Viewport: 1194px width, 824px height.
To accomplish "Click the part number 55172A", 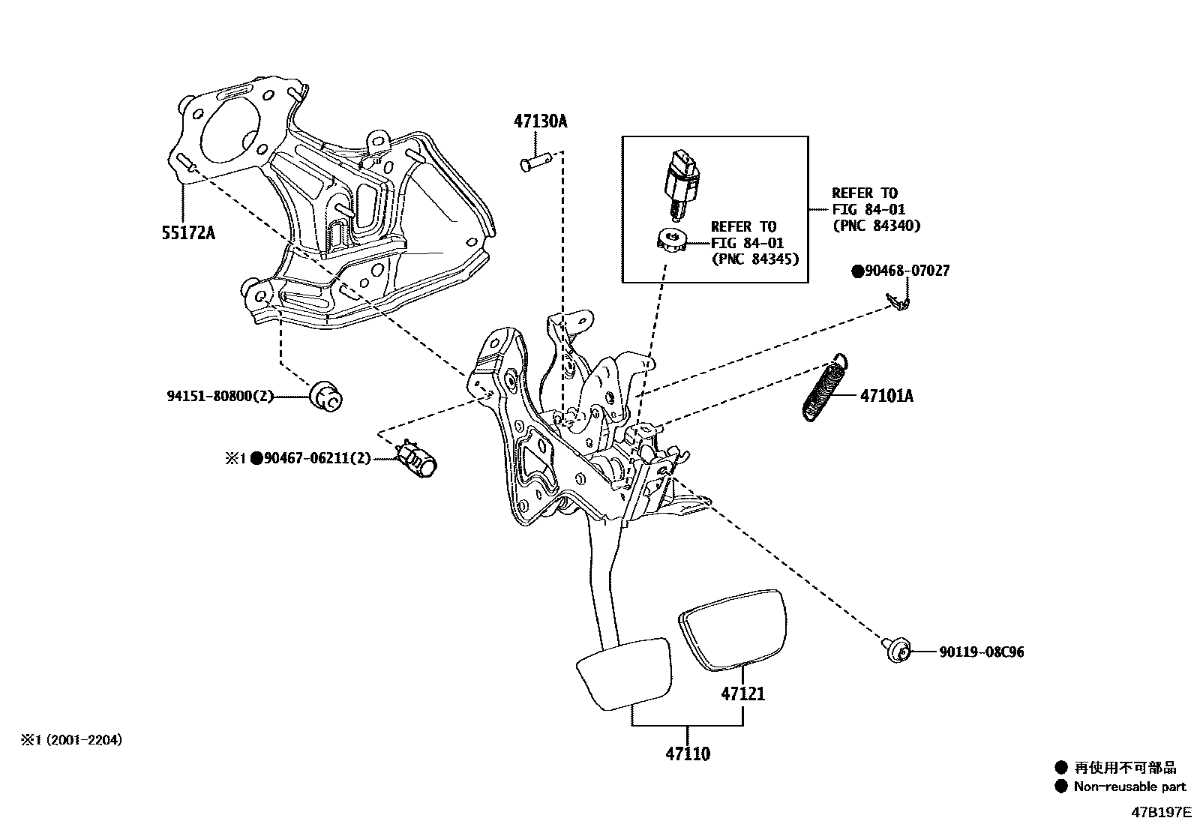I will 187,232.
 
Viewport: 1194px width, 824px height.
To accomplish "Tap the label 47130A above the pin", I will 540,121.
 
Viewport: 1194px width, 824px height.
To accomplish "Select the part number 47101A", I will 886,395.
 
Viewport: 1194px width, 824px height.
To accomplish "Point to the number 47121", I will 743,694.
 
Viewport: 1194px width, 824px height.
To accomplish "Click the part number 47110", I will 687,754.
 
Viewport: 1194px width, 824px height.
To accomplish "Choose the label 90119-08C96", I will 981,652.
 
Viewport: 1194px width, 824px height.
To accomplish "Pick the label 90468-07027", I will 906,271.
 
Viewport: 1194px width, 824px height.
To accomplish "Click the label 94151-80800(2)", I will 219,396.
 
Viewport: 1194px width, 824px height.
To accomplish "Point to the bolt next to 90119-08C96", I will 896,649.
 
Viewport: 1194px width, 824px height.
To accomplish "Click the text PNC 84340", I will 875,225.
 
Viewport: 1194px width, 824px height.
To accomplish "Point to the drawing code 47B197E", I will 1162,812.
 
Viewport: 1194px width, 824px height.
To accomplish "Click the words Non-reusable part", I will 1129,787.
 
